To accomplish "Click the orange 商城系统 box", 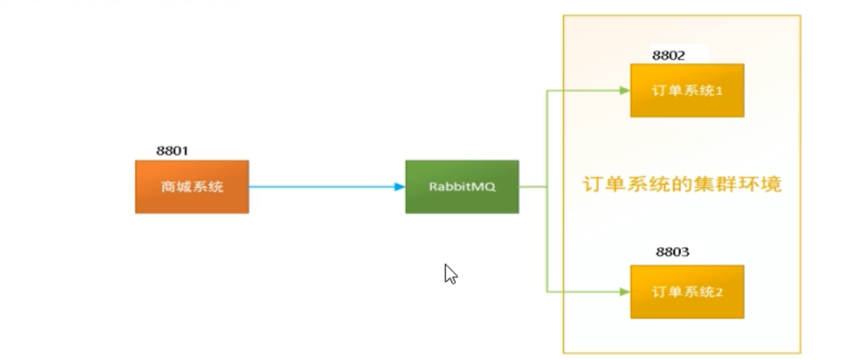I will pos(192,187).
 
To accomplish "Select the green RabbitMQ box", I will pos(462,187).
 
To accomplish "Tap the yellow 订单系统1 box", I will pos(687,90).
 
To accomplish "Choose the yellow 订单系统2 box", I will pos(687,292).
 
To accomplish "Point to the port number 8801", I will pos(172,151).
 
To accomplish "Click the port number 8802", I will pos(669,55).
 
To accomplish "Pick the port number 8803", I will pos(673,252).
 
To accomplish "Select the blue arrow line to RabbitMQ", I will pos(323,187).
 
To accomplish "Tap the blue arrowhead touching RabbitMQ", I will pos(400,187).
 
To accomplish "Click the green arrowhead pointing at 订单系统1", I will pos(624,90).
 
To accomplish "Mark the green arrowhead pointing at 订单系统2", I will pos(624,292).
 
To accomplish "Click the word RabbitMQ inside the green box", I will pos(462,187).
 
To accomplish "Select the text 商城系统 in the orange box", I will pos(192,187).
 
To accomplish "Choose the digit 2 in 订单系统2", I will pos(719,292).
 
